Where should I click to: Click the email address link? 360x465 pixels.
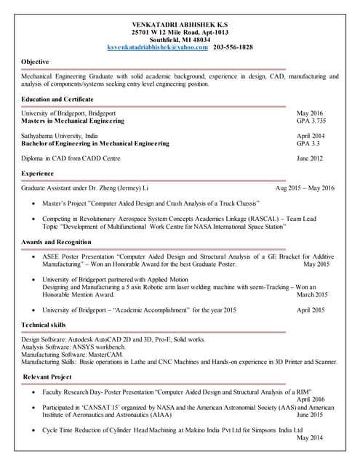(157, 47)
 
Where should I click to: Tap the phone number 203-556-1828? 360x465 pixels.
(233, 47)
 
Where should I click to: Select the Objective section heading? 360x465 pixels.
(36, 62)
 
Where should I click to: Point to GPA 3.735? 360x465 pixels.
(311, 121)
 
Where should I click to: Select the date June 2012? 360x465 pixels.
(311, 158)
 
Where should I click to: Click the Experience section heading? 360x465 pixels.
(38, 174)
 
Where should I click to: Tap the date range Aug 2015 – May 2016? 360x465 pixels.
(305, 189)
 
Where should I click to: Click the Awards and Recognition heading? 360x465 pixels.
(57, 241)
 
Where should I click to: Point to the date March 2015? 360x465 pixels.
(313, 295)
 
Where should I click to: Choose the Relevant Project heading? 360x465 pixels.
(48, 376)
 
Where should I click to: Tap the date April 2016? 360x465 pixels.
(311, 400)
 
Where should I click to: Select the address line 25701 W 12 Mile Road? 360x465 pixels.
(180, 32)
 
